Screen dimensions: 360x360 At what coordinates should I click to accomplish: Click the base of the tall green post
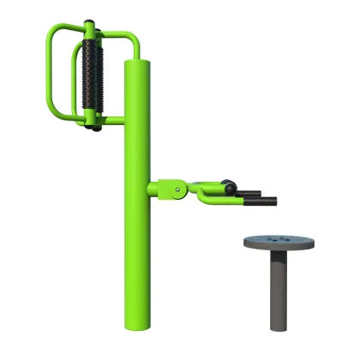(139, 326)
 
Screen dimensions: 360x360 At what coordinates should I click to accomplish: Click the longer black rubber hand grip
(261, 202)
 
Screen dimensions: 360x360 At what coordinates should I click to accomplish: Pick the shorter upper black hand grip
(249, 192)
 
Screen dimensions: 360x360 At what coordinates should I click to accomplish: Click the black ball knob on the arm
(227, 184)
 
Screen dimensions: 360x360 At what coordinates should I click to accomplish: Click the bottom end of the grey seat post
(278, 327)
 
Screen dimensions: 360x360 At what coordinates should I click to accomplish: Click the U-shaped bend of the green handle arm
(207, 199)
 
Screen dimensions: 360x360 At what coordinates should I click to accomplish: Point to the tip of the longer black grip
(275, 202)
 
